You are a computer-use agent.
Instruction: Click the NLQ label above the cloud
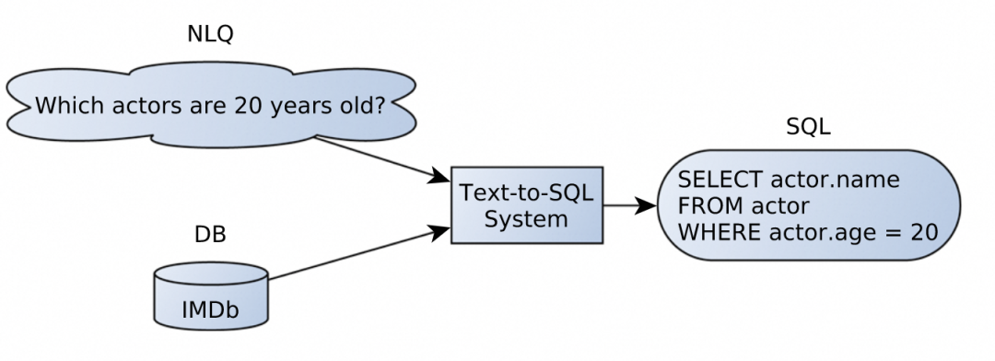210,35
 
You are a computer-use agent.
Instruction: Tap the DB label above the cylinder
210,235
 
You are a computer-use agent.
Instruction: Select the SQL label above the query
808,128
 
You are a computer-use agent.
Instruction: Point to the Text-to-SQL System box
526,205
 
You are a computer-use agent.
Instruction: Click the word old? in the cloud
360,106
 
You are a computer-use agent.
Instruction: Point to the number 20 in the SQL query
923,231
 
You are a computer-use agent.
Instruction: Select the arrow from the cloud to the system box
378,157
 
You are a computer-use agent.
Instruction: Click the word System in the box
526,219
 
